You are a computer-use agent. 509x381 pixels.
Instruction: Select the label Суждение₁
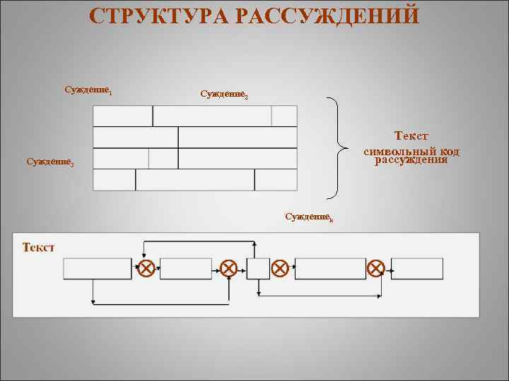(89, 90)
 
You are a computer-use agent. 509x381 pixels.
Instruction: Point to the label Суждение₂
(224, 94)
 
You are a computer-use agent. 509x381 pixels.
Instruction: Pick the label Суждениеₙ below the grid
(309, 215)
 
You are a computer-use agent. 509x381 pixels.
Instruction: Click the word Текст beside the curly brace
(411, 135)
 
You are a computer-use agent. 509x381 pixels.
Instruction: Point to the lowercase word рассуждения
(411, 159)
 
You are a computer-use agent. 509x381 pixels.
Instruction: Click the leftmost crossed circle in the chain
(146, 268)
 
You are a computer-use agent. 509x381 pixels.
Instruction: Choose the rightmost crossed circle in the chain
(377, 268)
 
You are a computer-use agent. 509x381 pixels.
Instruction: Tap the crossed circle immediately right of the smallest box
(280, 268)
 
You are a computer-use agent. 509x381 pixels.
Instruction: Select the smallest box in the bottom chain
(258, 268)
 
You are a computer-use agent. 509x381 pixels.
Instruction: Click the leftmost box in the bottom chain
(98, 268)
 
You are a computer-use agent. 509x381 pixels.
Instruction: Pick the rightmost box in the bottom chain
(417, 268)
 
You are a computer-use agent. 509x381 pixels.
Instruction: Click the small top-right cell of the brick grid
(284, 116)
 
